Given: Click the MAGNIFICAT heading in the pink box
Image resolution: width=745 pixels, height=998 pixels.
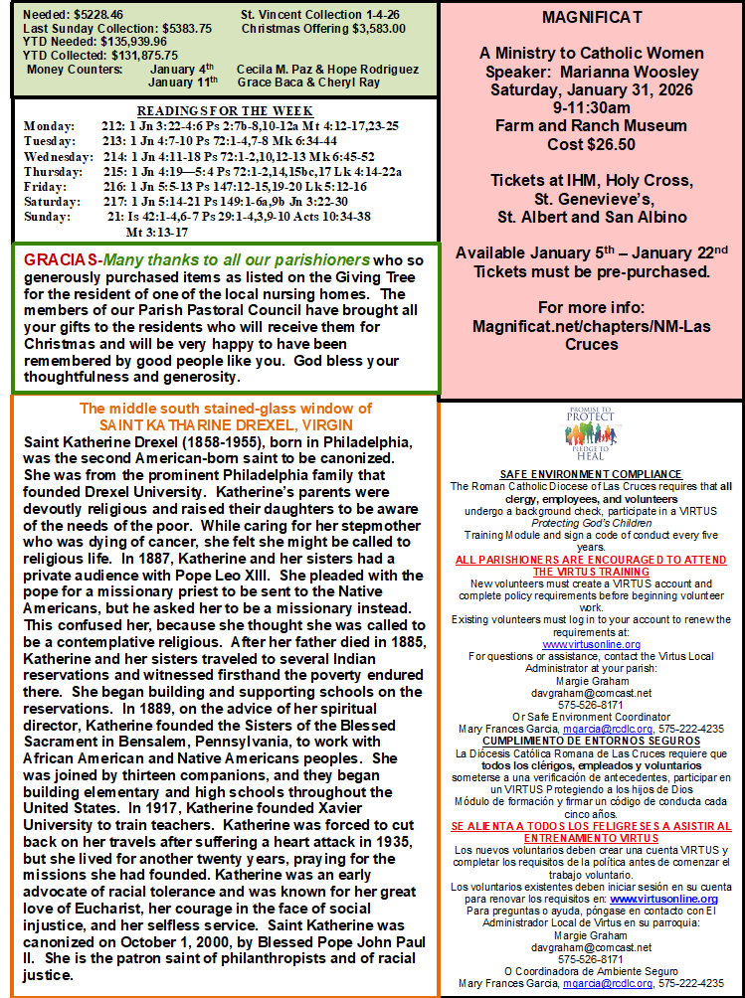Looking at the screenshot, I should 592,18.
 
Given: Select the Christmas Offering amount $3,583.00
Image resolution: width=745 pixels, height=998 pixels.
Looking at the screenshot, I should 373,29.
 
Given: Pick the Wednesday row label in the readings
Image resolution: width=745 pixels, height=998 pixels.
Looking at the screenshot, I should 59,156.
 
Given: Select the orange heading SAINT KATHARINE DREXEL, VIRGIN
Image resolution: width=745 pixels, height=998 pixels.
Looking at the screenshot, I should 226,425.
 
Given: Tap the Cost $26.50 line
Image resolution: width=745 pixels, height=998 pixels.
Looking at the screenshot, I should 592,144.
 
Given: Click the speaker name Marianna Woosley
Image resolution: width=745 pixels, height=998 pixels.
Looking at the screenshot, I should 639,72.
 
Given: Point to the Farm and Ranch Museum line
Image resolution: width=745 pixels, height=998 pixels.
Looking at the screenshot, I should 592,126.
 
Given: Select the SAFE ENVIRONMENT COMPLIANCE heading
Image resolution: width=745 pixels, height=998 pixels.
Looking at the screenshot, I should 591,474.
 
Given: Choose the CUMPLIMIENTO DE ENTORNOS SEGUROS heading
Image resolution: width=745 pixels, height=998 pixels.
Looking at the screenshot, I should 591,741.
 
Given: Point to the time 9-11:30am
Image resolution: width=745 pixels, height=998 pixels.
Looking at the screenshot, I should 592,108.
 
